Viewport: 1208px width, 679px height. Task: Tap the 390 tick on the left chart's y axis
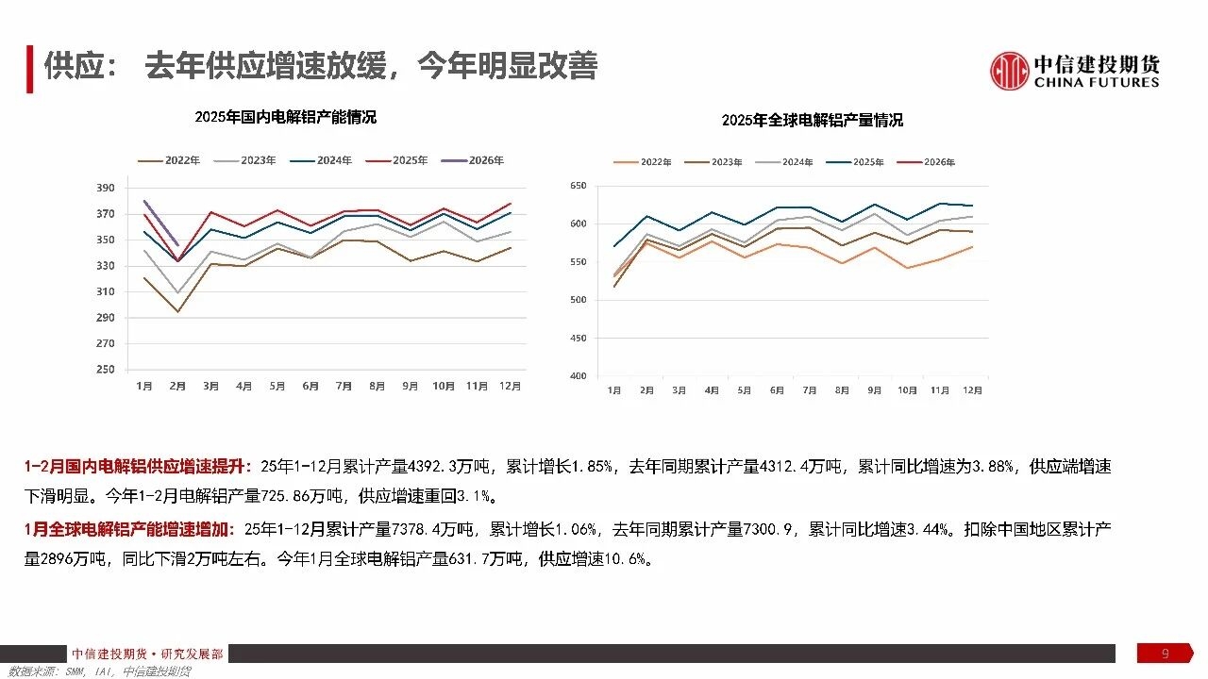tap(106, 188)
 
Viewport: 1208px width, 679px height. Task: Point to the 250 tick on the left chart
tap(106, 370)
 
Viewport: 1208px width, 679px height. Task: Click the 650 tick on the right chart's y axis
tap(579, 186)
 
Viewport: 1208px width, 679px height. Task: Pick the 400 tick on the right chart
tap(579, 376)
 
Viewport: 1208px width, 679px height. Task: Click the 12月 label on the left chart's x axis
tap(509, 386)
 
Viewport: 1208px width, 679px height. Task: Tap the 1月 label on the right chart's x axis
tap(614, 390)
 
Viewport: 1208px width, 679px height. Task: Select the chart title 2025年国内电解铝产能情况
tap(285, 117)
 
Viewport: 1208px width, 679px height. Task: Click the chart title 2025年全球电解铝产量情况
tap(812, 120)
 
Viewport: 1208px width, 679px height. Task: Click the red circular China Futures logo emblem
tap(1009, 71)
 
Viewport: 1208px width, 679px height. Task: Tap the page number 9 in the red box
tap(1165, 654)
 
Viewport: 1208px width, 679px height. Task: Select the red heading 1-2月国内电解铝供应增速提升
tap(138, 467)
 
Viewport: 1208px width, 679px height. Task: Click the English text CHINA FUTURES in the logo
tap(1097, 83)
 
